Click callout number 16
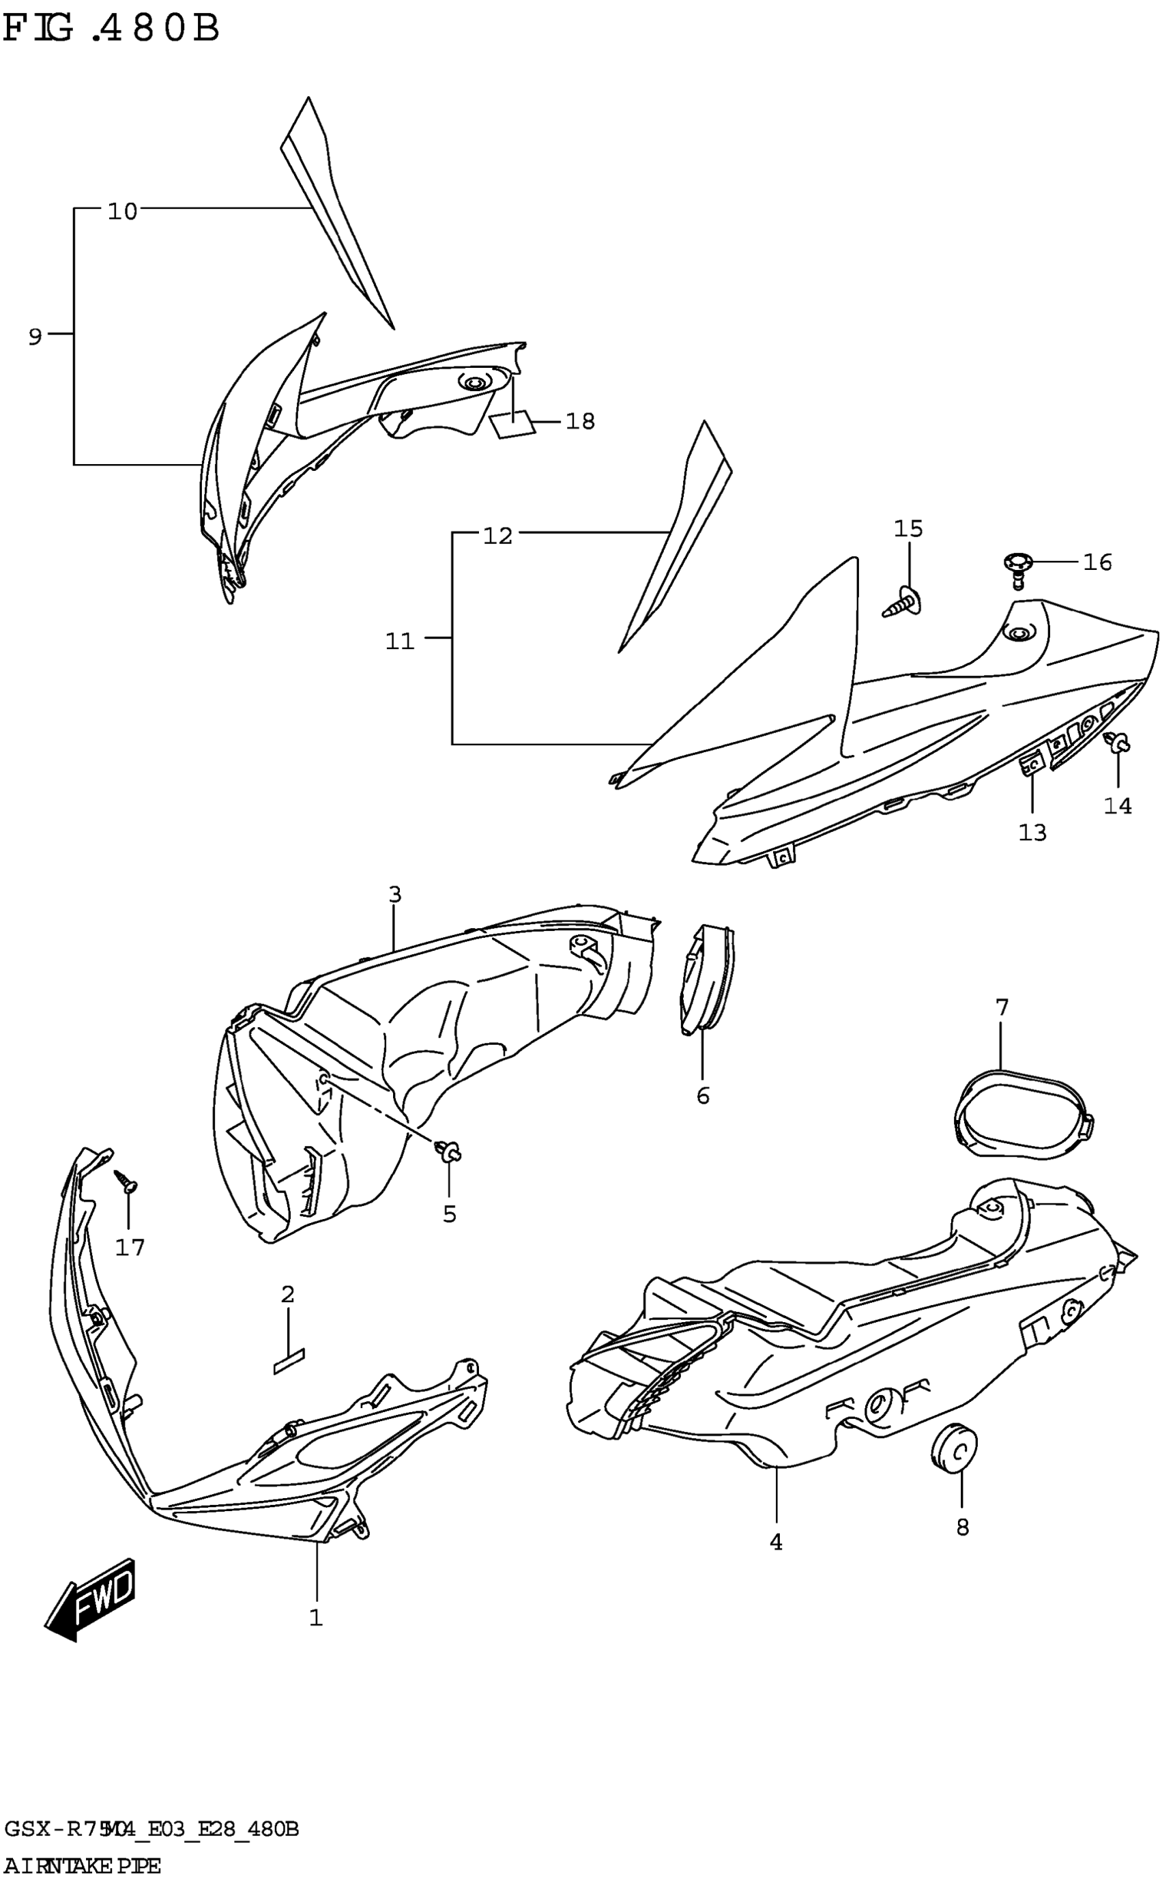pyautogui.click(x=1097, y=562)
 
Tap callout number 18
pyautogui.click(x=580, y=421)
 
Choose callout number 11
pyautogui.click(x=400, y=641)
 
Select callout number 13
pyautogui.click(x=1032, y=833)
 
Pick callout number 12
pyautogui.click(x=497, y=536)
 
